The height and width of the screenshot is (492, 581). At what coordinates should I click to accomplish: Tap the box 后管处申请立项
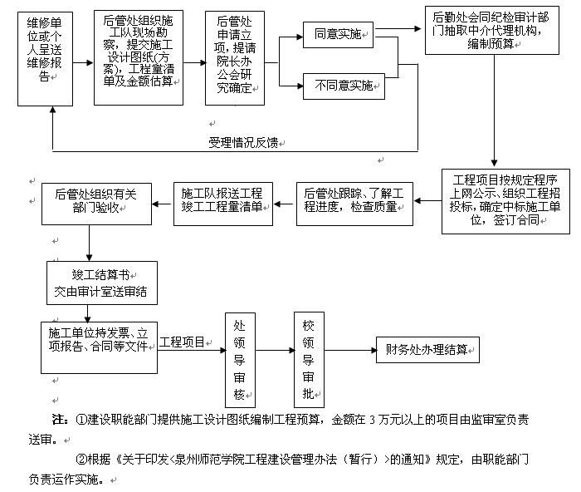(235, 57)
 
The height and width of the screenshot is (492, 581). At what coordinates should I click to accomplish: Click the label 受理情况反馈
(245, 143)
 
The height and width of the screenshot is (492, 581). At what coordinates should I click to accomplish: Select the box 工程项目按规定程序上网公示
(505, 201)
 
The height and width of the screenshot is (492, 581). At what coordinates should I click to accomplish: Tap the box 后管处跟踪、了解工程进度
(354, 202)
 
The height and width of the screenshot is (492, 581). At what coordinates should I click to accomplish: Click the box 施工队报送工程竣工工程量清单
(222, 202)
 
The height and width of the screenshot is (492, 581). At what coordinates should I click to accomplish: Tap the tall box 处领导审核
(240, 357)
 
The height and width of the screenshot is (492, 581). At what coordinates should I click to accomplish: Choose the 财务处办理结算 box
(427, 349)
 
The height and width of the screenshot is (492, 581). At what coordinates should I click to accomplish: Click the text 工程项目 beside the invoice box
(183, 342)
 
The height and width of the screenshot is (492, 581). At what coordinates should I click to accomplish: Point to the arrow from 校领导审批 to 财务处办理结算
(348, 349)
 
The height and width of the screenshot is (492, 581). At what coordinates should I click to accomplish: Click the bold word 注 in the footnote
(59, 419)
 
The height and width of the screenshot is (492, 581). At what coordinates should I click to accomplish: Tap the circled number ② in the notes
(81, 458)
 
